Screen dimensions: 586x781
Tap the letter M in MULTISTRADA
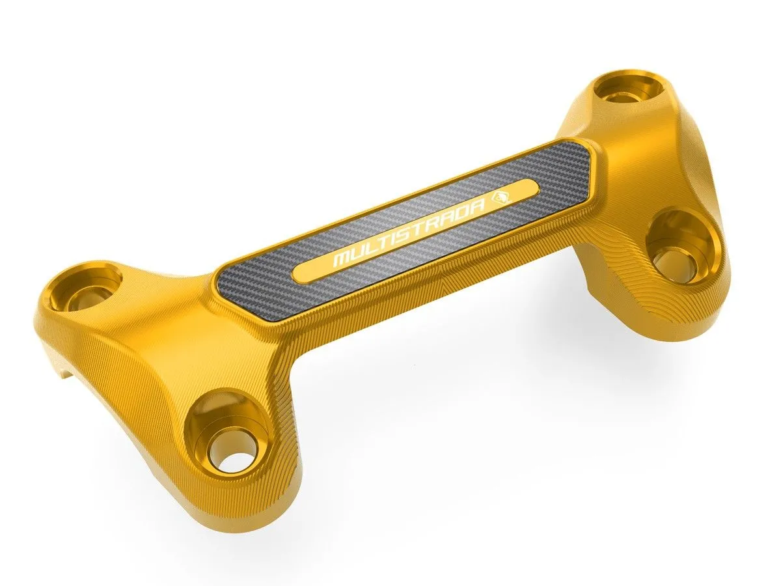tap(342, 258)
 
